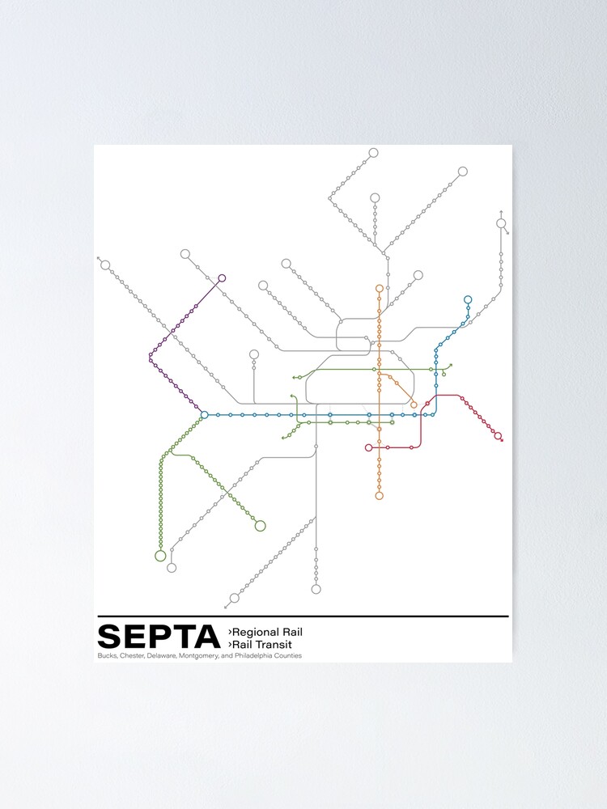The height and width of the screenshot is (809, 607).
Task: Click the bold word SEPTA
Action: [158, 637]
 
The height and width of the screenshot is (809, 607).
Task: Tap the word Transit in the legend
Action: [280, 644]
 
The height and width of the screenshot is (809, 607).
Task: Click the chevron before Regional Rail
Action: [230, 631]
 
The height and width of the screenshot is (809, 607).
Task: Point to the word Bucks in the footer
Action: [106, 655]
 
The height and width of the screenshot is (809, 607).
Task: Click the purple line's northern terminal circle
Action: [222, 278]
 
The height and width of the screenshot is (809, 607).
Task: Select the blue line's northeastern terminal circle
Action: [468, 300]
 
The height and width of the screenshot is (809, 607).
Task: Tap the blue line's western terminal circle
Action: [204, 415]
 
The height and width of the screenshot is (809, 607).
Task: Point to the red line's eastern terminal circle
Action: [498, 437]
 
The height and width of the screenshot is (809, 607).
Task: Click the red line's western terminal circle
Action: [368, 447]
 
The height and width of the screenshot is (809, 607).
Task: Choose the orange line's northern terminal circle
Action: [379, 288]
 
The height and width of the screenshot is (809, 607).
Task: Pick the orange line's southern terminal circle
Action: [379, 496]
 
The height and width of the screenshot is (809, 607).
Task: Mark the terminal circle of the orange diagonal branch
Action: [414, 404]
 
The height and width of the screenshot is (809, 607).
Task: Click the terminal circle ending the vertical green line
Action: [160, 556]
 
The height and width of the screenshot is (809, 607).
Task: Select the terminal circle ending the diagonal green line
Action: [260, 526]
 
